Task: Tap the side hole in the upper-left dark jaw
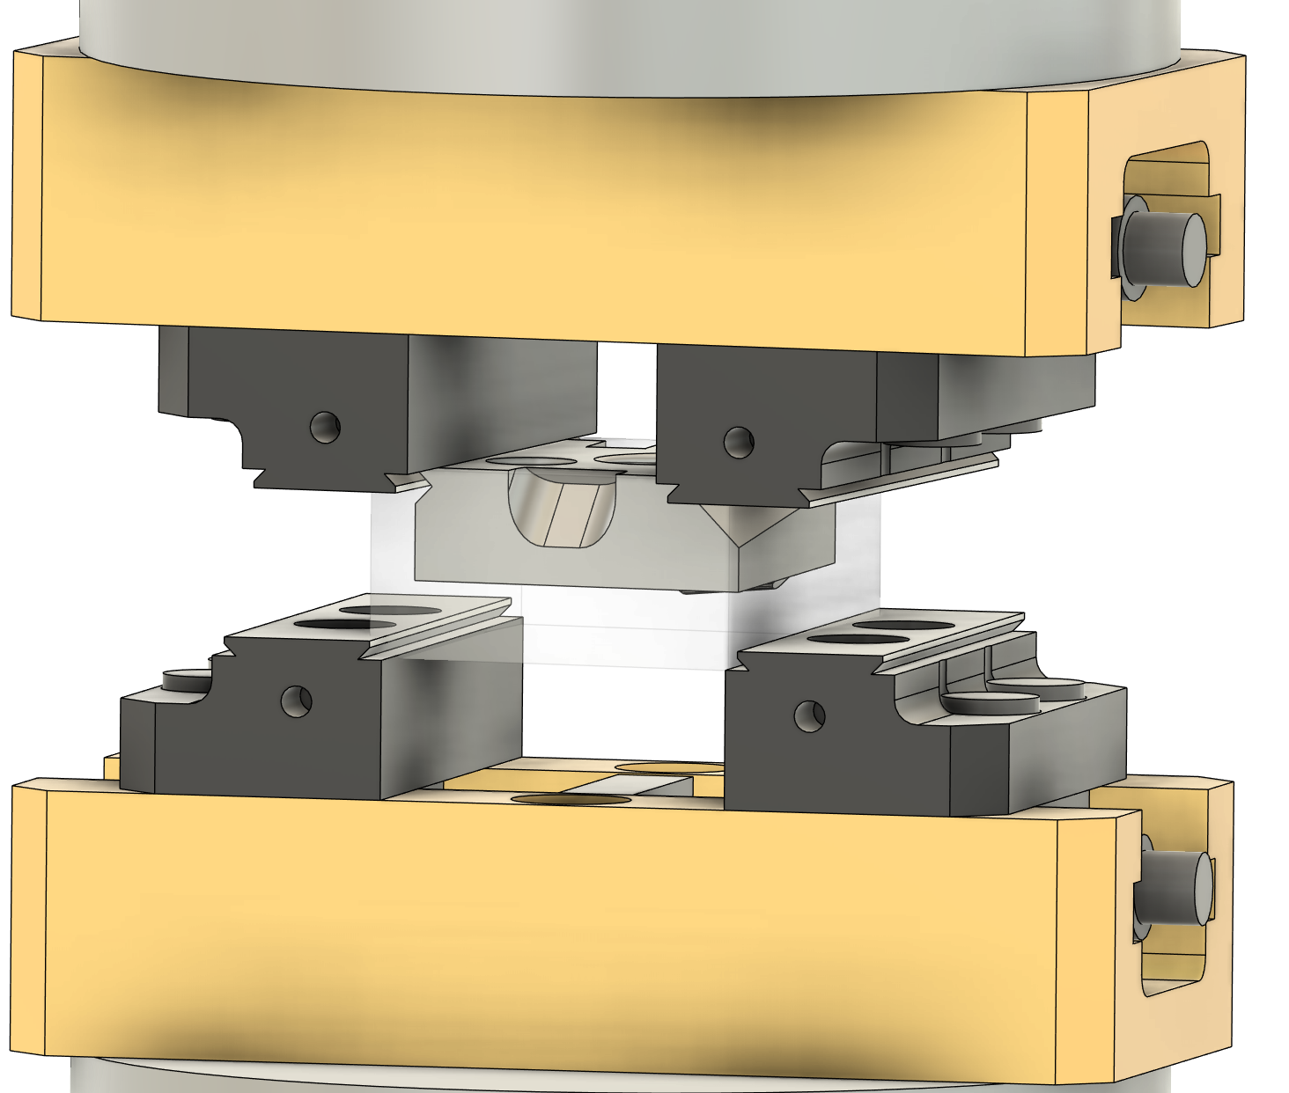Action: (325, 427)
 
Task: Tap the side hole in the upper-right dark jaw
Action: (738, 441)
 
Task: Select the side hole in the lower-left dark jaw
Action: (296, 701)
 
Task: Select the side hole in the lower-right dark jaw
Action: (808, 715)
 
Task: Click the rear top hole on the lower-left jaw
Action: (390, 609)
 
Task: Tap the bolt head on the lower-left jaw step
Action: (188, 678)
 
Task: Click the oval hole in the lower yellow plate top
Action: (571, 799)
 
